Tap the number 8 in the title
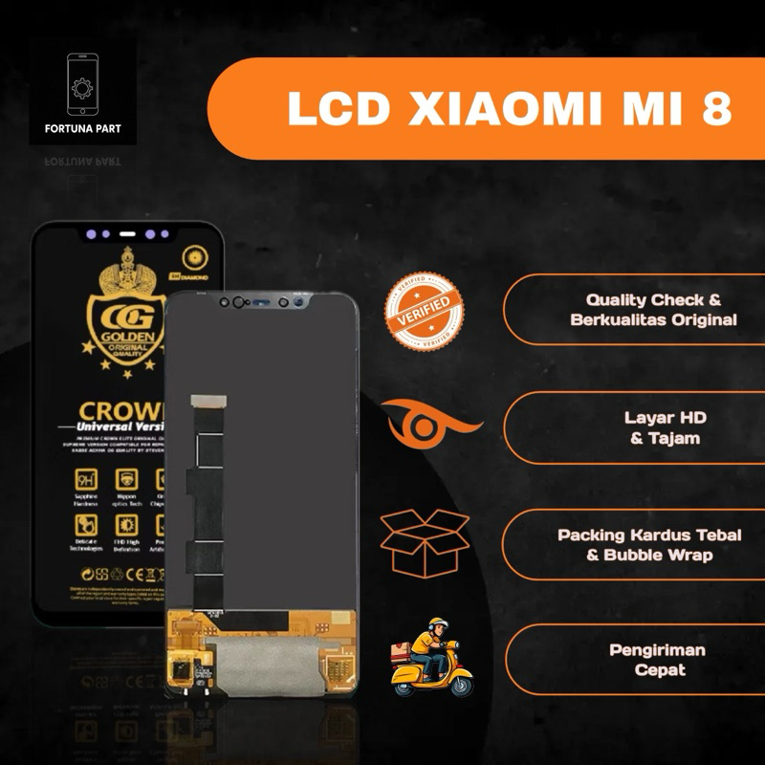715,109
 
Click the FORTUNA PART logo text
82,128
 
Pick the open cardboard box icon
425,542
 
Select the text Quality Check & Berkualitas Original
653,310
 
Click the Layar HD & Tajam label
666,427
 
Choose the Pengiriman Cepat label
658,660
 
